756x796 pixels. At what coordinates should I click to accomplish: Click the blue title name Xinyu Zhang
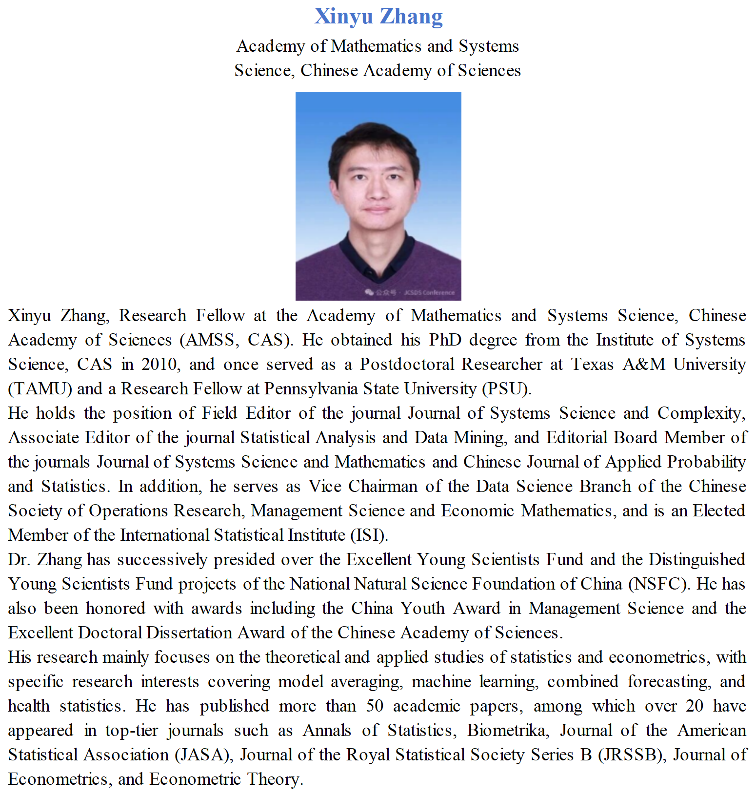pyautogui.click(x=378, y=16)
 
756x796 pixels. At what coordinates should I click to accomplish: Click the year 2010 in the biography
pyautogui.click(x=159, y=364)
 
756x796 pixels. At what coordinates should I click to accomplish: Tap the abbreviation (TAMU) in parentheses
pyautogui.click(x=40, y=388)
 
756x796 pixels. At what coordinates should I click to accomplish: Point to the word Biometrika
pyautogui.click(x=506, y=730)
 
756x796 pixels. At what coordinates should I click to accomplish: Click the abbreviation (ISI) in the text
pyautogui.click(x=369, y=535)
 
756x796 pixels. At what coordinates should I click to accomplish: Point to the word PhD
pyautogui.click(x=445, y=340)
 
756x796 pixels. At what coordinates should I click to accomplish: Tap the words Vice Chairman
pyautogui.click(x=362, y=486)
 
